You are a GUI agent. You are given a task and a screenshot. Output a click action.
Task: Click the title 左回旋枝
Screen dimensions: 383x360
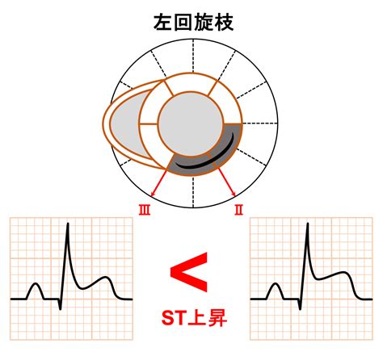pos(193,23)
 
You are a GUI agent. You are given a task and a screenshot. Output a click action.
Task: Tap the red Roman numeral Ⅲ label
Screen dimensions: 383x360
pos(145,210)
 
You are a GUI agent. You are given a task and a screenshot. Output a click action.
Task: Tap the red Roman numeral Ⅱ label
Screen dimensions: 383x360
pos(238,210)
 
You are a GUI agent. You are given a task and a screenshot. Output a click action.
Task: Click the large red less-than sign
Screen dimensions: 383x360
pos(189,272)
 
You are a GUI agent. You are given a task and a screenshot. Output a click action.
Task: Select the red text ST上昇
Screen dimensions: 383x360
pos(194,318)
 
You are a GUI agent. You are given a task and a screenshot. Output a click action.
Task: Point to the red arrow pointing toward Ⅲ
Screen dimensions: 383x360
pos(159,182)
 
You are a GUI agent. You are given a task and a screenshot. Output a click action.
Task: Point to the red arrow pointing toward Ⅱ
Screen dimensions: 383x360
pos(226,182)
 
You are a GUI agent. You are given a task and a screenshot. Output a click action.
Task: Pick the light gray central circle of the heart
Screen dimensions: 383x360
pos(191,123)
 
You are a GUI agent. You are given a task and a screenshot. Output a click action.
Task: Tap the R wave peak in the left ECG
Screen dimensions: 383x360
pos(68,224)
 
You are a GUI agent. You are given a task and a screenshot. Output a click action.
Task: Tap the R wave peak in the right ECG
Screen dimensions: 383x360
pos(308,224)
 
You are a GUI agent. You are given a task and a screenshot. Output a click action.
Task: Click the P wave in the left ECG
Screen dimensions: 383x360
pos(36,291)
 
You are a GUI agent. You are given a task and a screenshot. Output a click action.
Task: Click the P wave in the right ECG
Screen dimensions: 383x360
pos(276,291)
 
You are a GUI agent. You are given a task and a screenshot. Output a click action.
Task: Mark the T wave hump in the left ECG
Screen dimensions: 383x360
pos(106,282)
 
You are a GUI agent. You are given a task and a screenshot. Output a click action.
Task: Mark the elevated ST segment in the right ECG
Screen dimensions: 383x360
pos(329,275)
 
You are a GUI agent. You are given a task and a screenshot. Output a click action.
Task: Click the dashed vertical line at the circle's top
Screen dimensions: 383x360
pos(193,56)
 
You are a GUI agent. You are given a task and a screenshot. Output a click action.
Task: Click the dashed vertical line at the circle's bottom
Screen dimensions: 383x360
pos(193,191)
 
